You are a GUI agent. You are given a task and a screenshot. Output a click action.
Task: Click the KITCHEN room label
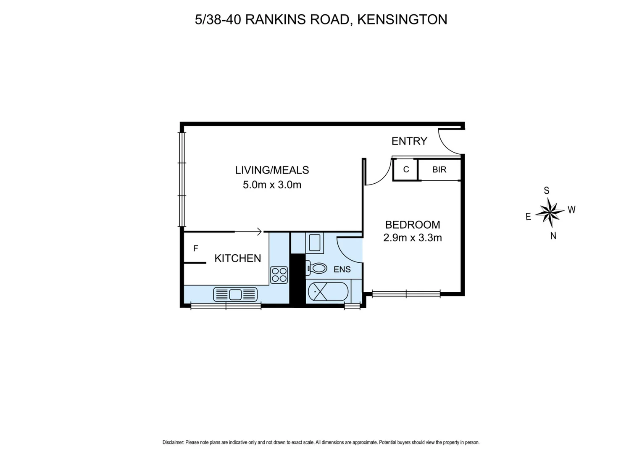point(237,258)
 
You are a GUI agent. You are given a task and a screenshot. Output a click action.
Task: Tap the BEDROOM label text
point(412,224)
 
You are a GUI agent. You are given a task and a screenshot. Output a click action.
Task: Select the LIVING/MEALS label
point(272,170)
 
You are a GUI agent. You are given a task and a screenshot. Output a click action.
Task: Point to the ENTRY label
point(409,141)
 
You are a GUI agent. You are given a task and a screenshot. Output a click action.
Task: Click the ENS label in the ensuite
point(342,269)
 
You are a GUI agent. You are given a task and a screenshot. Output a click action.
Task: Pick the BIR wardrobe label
point(439,170)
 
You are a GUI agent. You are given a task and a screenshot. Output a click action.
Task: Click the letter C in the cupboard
point(406,170)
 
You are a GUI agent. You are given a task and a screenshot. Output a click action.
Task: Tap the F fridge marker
point(195,248)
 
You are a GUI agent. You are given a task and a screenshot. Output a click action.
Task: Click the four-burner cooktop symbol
point(279,275)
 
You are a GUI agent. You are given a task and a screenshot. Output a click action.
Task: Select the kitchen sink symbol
point(235,294)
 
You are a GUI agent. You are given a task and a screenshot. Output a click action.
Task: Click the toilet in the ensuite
point(317,268)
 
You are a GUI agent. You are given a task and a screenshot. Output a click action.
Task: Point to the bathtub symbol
point(328,291)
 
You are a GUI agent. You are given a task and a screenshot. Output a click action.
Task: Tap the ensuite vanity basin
point(314,243)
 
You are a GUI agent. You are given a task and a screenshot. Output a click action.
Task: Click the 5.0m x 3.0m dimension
point(272,185)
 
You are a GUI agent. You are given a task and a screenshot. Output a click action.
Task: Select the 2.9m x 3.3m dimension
point(412,238)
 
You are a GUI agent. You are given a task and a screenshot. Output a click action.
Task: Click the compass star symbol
point(550,212)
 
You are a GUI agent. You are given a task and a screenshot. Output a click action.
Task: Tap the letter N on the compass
point(553,236)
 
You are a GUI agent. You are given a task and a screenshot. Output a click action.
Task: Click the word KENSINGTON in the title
point(402,19)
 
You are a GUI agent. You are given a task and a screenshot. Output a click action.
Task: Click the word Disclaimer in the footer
point(173,442)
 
